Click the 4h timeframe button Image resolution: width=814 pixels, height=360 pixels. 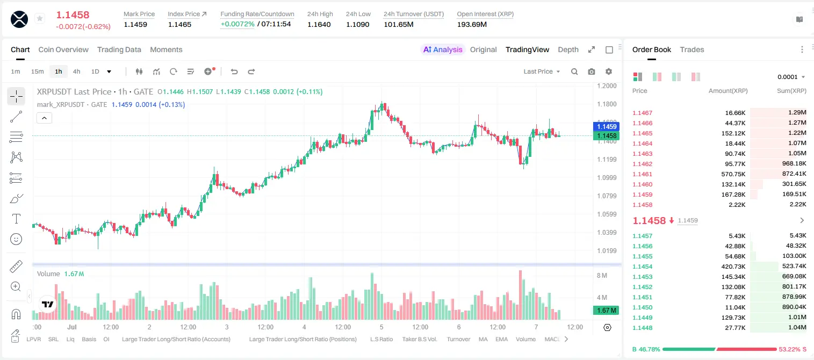(x=76, y=71)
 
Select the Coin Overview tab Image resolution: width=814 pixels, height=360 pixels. (x=63, y=49)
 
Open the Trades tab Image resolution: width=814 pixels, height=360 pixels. (x=691, y=49)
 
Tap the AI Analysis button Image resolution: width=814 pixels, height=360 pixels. (x=443, y=49)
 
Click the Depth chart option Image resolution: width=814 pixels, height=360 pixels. (x=568, y=49)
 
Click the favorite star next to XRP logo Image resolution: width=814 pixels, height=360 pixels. (x=40, y=18)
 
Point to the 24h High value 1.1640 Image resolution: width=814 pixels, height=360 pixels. (x=319, y=24)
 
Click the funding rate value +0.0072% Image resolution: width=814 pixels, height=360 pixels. (x=237, y=24)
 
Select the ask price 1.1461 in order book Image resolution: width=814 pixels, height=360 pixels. (x=642, y=174)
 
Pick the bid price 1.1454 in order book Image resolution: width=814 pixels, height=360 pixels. (x=642, y=267)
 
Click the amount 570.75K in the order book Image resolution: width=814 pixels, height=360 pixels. (x=733, y=174)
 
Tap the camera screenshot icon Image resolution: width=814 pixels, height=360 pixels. (x=591, y=71)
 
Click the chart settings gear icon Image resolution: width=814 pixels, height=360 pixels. (x=609, y=71)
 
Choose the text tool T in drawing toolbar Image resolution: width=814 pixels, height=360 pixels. (x=16, y=219)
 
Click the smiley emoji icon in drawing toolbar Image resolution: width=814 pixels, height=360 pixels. (x=16, y=239)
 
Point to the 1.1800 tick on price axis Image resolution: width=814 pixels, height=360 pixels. (x=607, y=104)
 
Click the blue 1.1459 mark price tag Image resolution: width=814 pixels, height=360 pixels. (x=607, y=126)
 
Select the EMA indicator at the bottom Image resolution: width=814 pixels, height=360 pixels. (x=501, y=339)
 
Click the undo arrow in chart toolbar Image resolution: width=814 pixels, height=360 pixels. (x=234, y=71)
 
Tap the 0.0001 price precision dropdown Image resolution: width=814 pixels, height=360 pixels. (x=790, y=77)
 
